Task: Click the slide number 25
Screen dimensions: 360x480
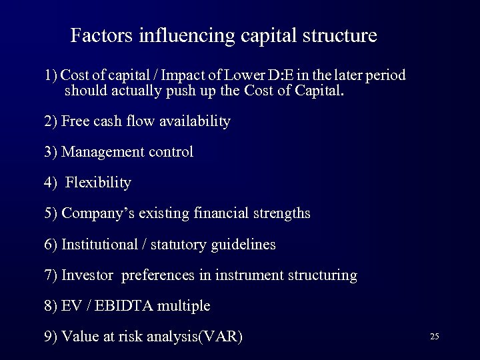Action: click(434, 337)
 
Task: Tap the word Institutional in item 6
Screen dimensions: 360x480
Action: click(99, 245)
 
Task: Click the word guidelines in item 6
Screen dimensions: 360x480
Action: click(243, 245)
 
